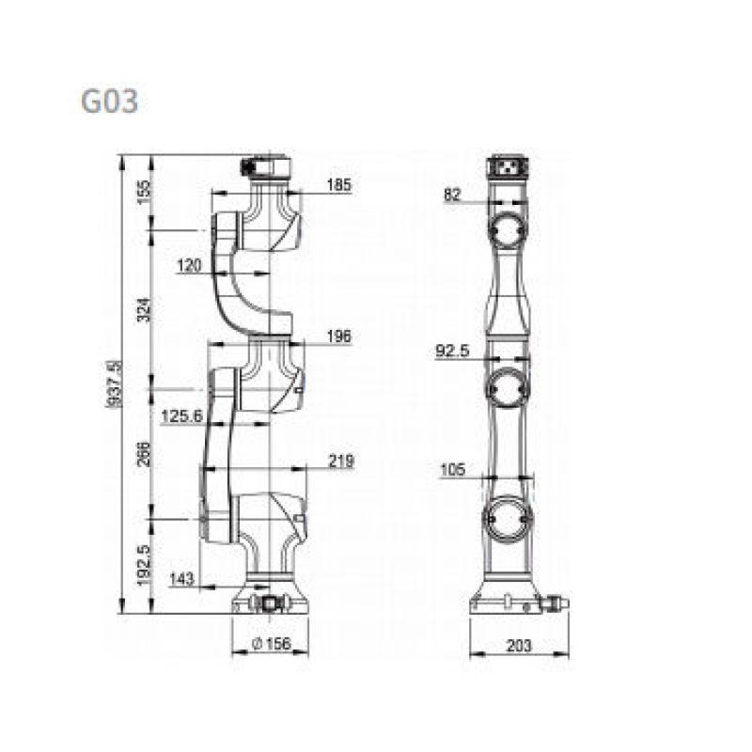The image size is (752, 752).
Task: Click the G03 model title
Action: (109, 102)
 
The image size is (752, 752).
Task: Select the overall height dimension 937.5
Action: (114, 384)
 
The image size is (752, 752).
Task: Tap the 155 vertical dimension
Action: (144, 192)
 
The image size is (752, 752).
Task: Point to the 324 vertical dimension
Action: (144, 310)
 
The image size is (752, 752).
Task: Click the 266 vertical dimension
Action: (144, 454)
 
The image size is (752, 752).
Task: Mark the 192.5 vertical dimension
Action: (144, 565)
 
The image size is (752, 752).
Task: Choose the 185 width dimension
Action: (339, 184)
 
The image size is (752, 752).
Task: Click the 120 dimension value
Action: (190, 265)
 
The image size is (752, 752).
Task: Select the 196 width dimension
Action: (339, 337)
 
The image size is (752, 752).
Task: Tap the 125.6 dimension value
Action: (182, 415)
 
